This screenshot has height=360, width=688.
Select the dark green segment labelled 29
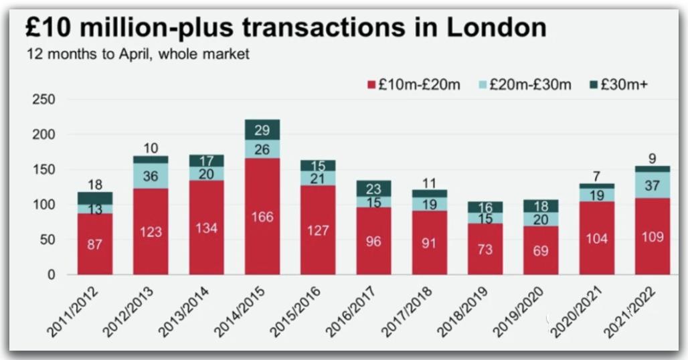click(262, 130)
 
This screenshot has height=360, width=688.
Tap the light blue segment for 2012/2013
click(151, 176)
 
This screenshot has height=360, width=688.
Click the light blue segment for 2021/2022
click(652, 185)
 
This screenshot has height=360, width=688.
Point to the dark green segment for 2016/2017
click(373, 189)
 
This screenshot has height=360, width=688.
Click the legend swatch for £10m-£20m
click(371, 85)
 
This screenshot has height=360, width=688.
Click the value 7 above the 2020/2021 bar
click(597, 176)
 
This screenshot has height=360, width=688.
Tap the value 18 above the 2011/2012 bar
click(95, 185)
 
